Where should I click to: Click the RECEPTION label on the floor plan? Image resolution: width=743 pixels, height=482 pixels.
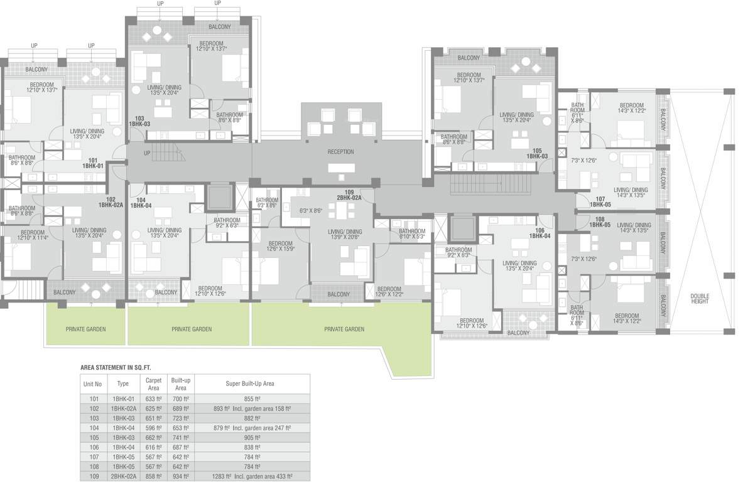coord(340,152)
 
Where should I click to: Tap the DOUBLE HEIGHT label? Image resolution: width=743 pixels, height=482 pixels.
coord(699,298)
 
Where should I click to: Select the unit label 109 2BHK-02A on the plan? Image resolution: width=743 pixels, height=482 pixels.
coord(349,195)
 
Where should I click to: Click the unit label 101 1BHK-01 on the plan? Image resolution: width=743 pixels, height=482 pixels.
coord(92,163)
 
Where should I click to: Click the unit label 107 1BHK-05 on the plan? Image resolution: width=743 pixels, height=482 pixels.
coord(599,201)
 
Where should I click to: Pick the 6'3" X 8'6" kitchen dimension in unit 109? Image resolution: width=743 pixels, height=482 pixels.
coord(311,211)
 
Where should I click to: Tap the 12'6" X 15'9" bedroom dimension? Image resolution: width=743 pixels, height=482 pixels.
coord(281,246)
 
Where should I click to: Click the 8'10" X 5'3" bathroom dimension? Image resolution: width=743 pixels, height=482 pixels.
coord(412,234)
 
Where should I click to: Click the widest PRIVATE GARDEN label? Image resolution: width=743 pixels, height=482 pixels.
coord(344,329)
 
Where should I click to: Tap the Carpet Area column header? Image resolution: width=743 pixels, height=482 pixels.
coord(154,383)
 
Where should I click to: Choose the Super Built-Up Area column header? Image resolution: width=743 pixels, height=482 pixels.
coord(250,383)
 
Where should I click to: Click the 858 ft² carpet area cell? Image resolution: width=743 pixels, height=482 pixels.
coord(154,476)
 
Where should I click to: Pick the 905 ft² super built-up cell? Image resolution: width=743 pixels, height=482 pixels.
coord(250,437)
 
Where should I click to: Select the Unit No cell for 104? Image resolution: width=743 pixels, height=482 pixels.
coord(94,428)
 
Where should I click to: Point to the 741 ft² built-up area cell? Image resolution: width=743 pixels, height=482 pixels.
coord(182,437)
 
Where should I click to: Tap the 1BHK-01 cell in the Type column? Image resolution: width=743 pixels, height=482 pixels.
coord(123,399)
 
